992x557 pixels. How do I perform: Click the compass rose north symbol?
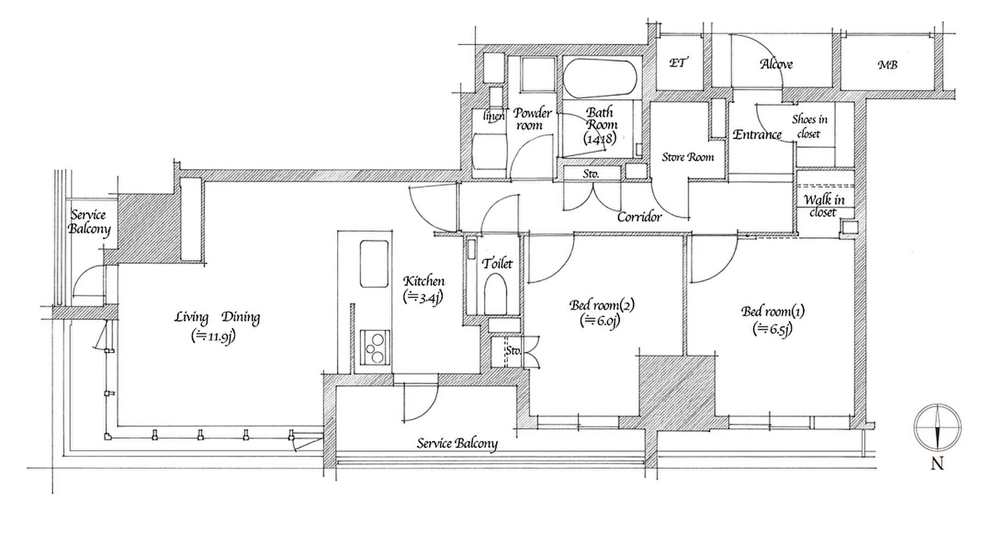click(x=937, y=428)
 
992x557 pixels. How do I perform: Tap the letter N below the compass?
click(x=937, y=464)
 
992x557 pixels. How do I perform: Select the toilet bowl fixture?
click(x=495, y=294)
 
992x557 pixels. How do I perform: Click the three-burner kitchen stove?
click(x=374, y=348)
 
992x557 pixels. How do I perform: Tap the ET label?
click(x=677, y=63)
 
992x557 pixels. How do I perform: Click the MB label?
click(x=888, y=65)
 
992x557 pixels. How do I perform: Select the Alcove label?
click(x=776, y=64)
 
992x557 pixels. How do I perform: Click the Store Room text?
click(x=688, y=157)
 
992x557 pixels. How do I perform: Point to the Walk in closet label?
click(x=823, y=206)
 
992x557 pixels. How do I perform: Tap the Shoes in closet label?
click(x=809, y=126)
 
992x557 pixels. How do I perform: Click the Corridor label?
click(x=640, y=217)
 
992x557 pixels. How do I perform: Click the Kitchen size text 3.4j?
click(x=423, y=297)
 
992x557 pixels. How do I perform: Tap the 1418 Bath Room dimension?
click(x=600, y=139)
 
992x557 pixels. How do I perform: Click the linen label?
click(x=494, y=115)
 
